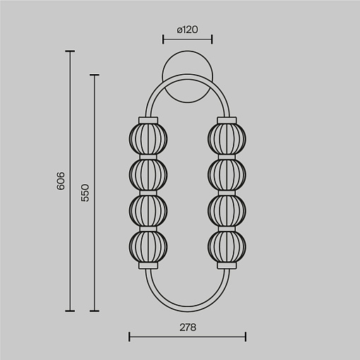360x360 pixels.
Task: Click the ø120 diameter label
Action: [187, 30]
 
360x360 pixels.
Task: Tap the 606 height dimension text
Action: [61, 181]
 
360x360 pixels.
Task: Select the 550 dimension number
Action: [85, 193]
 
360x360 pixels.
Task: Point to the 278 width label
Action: [188, 328]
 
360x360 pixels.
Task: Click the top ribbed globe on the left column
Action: [148, 139]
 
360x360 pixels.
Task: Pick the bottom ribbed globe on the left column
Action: [148, 247]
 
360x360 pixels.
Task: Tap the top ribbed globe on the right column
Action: [227, 139]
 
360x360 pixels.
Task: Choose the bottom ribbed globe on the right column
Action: [227, 247]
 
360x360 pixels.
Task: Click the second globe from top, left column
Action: [148, 175]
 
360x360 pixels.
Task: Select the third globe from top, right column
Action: [227, 211]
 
